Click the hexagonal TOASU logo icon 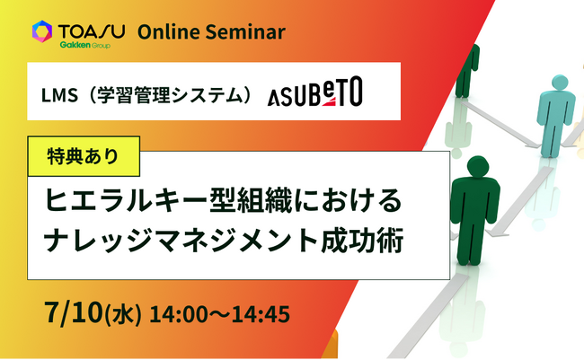[x=42, y=31]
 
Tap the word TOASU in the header [x=92, y=31]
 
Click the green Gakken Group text [x=85, y=45]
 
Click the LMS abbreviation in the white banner [x=59, y=96]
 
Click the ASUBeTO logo [x=315, y=92]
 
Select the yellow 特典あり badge [x=84, y=156]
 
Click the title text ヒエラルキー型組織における [x=224, y=200]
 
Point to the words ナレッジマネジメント [x=181, y=241]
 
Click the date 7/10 [x=73, y=312]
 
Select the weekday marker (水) [x=123, y=314]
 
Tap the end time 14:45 [x=261, y=314]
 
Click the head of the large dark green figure [x=478, y=166]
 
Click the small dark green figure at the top [x=466, y=71]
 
